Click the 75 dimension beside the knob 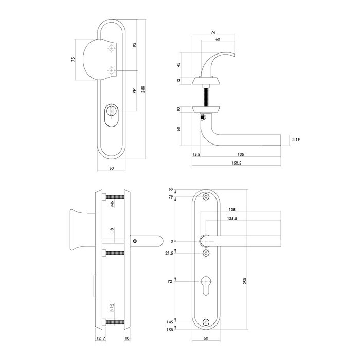(74, 60)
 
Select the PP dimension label (133, 91)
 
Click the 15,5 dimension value (195, 154)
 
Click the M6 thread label (113, 204)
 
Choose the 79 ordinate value (171, 197)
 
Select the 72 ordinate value (170, 281)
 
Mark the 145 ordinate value (170, 322)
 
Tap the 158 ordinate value (170, 330)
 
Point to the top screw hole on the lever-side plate (206, 197)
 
